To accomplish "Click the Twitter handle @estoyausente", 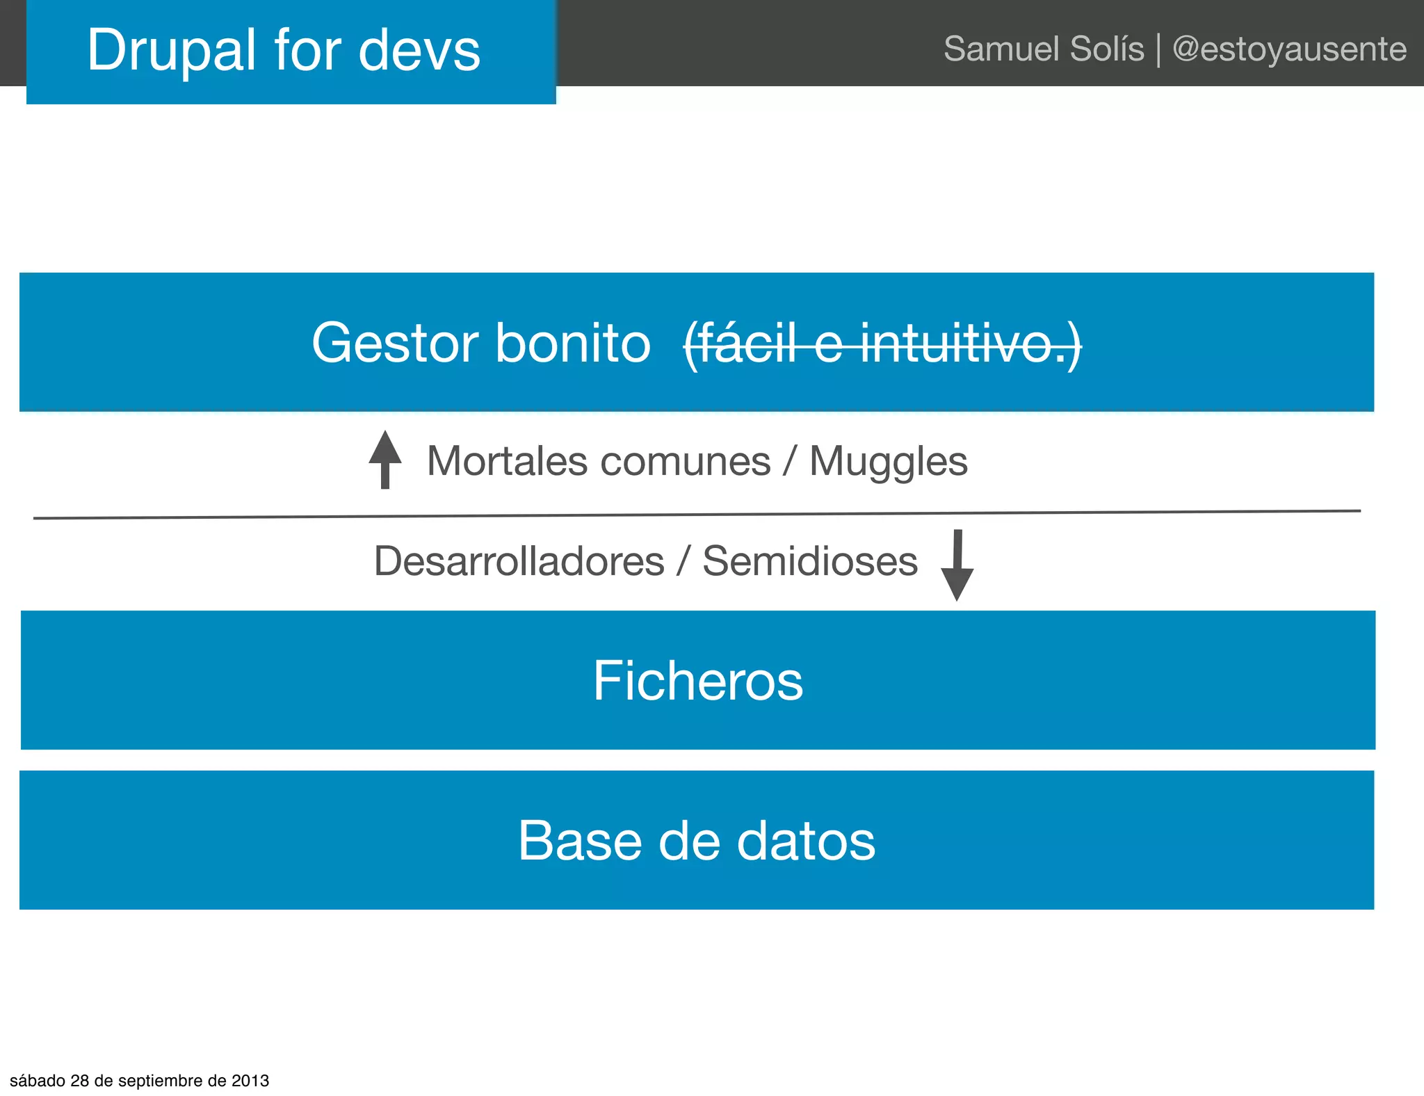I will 1289,49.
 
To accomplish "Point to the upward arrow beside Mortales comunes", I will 385,459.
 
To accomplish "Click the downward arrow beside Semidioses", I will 957,565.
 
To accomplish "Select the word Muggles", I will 888,461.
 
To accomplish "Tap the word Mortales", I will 508,461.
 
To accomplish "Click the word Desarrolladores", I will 519,561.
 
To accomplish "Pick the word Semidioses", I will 809,561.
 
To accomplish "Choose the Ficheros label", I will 697,680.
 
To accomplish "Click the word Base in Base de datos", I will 580,840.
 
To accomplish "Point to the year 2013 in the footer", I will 250,1081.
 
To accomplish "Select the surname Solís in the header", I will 1107,49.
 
